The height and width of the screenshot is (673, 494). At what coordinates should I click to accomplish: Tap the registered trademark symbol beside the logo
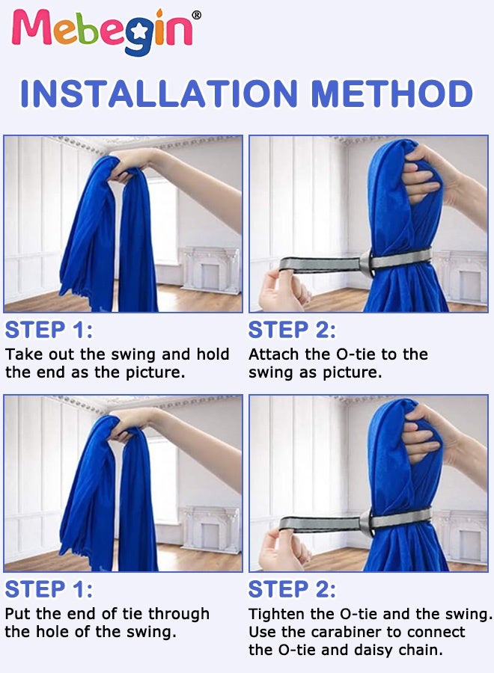pyautogui.click(x=196, y=16)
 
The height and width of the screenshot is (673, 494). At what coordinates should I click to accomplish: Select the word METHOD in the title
pyautogui.click(x=391, y=93)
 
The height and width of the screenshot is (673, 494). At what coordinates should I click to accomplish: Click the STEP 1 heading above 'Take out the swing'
pyautogui.click(x=49, y=330)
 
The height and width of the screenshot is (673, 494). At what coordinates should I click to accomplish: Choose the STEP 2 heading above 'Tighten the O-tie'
pyautogui.click(x=292, y=589)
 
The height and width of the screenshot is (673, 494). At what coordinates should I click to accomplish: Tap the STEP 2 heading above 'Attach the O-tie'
pyautogui.click(x=292, y=330)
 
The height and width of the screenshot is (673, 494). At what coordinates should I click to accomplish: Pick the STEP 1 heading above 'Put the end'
pyautogui.click(x=49, y=589)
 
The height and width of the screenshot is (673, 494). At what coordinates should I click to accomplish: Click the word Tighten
pyautogui.click(x=275, y=614)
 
